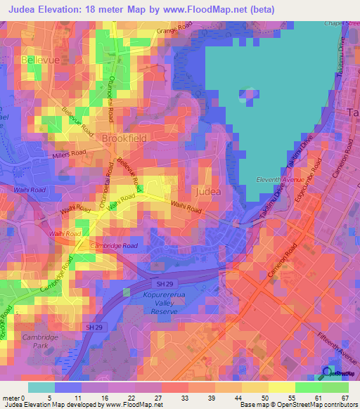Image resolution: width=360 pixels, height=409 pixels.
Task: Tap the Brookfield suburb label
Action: click(124, 138)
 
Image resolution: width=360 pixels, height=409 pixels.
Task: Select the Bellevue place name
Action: click(42, 61)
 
